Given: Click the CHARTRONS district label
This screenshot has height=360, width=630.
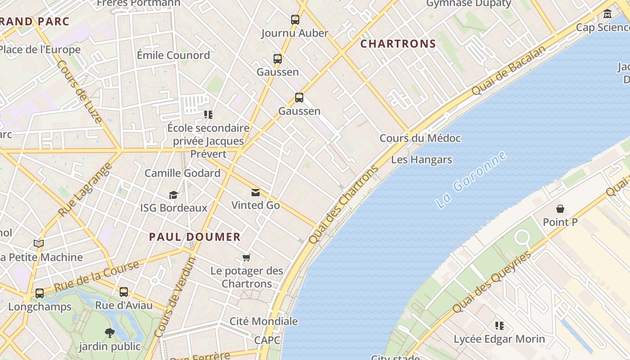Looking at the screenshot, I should tap(398, 44).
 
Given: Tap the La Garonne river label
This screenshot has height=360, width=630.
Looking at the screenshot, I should tap(471, 180).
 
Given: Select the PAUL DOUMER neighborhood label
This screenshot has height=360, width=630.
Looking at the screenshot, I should tap(195, 237).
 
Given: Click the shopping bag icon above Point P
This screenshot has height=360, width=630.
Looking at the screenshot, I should tap(560, 209).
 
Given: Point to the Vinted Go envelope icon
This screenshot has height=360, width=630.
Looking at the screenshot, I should tap(256, 193).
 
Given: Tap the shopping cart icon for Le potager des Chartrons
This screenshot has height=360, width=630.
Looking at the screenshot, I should tap(246, 258).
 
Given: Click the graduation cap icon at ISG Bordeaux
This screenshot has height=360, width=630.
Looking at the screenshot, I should tap(173, 195).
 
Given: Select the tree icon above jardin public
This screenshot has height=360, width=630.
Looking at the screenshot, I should tap(109, 333).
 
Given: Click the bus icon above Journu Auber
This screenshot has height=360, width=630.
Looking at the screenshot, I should tap(295, 20).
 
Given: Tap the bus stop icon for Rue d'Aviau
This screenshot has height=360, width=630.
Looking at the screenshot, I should tap(124, 292).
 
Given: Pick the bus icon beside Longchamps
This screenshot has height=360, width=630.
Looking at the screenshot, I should tap(40, 293).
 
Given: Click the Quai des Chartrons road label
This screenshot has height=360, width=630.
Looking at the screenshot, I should tap(343, 205).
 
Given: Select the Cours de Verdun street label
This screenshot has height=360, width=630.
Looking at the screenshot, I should tap(175, 297).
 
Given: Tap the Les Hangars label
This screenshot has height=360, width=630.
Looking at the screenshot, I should tap(421, 159).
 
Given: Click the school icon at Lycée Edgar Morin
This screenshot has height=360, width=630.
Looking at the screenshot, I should tap(499, 325).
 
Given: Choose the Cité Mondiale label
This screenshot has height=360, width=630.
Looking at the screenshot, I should tap(264, 321).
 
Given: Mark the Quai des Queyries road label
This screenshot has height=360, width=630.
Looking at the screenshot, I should tap(491, 283).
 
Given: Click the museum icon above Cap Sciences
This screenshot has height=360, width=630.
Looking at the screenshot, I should tap(608, 14).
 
